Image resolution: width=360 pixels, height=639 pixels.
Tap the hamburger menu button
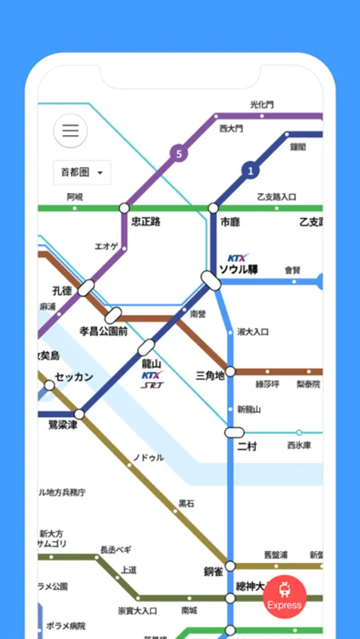point(70,131)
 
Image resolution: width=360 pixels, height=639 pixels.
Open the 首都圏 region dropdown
point(82,172)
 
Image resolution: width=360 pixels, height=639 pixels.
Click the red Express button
point(285,596)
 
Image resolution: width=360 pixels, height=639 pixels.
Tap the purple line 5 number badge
point(178,153)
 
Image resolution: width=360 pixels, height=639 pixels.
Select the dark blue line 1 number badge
point(250,170)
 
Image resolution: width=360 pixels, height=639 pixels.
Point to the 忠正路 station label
point(146,222)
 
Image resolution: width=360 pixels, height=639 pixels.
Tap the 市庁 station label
point(230,222)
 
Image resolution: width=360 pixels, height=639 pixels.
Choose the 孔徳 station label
point(62,290)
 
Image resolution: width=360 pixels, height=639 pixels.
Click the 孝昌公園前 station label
point(104,331)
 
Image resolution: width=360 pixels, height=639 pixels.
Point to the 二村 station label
point(247,446)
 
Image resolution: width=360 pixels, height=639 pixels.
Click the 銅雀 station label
point(214,572)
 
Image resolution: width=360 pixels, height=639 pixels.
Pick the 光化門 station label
point(261,104)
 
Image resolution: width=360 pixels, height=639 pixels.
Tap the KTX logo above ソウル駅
point(239,258)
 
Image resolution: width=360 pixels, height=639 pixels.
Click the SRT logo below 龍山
point(151,386)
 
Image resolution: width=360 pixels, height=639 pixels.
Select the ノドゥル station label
point(148,458)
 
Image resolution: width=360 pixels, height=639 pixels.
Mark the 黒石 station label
point(186,503)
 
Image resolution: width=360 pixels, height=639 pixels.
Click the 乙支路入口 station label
point(276,197)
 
